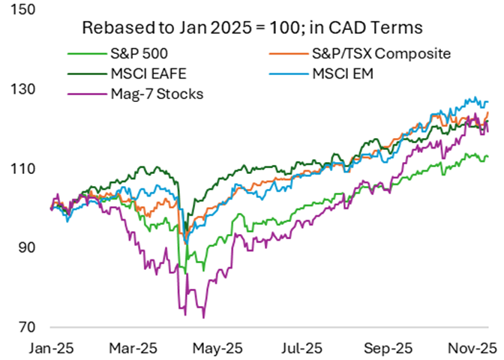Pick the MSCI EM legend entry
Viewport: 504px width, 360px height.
(x=341, y=74)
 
